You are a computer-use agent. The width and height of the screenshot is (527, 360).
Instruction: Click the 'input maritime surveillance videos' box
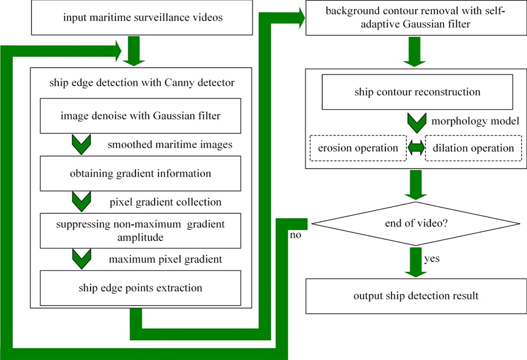coord(142,18)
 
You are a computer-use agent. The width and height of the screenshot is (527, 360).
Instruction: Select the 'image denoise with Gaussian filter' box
coord(141,116)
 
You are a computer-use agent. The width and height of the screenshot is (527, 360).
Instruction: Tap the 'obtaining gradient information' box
coord(141,173)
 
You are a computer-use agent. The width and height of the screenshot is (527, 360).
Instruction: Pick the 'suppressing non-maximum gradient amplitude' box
coord(141,231)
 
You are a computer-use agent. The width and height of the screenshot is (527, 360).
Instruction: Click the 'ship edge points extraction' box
coord(141,288)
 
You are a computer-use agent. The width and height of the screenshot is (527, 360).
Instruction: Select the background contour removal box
coord(416,18)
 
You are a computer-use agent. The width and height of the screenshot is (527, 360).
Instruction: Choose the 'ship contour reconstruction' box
coord(417,92)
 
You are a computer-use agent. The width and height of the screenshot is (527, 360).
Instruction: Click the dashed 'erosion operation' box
coord(358,148)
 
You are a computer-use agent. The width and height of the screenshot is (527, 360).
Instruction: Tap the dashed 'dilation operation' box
coord(473,148)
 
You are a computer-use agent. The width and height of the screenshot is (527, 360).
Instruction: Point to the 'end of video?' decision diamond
coord(416,224)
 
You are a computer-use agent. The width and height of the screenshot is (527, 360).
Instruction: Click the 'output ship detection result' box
coord(416,296)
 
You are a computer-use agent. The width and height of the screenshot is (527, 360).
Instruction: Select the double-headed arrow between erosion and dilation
coord(416,148)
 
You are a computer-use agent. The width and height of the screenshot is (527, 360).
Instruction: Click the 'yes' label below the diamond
coord(432,258)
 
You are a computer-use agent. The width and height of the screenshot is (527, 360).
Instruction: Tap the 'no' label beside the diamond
coord(295,235)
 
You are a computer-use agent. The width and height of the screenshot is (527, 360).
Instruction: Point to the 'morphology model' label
coord(475,121)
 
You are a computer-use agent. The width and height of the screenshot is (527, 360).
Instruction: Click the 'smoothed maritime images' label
coord(170,145)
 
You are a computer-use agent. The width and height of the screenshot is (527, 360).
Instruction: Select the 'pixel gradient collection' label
coord(165,202)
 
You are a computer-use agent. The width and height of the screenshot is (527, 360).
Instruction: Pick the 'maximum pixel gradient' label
coord(165,259)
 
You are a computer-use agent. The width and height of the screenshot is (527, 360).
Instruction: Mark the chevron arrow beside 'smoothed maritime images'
coord(81,144)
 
